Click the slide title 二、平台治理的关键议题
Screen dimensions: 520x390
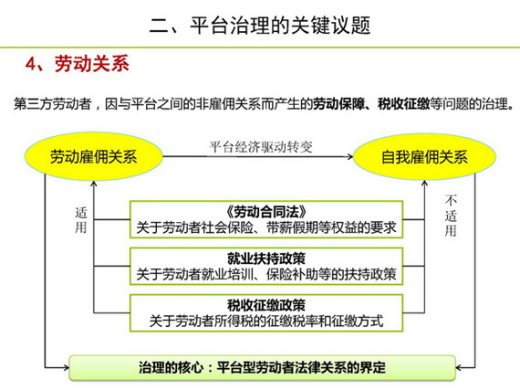260,25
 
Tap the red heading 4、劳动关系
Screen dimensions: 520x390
78,63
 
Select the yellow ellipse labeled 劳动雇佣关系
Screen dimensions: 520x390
94,156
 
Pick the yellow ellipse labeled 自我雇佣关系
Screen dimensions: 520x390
424,156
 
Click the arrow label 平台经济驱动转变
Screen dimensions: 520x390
261,147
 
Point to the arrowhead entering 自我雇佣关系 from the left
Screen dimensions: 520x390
350,156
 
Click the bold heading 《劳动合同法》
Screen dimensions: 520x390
266,211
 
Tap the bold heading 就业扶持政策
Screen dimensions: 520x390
266,258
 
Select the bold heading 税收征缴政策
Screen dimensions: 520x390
266,305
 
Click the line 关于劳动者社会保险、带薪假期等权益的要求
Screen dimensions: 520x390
266,227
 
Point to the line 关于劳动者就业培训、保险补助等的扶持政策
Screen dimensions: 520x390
266,275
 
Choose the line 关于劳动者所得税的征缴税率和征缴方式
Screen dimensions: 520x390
266,321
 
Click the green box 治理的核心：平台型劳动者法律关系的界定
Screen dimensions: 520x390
263,367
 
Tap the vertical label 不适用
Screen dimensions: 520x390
451,216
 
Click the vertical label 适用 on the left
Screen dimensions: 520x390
81,220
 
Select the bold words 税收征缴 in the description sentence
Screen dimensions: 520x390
404,104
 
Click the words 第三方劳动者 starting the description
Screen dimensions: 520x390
52,104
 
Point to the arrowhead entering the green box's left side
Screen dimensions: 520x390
66,367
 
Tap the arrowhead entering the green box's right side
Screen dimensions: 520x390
459,367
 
